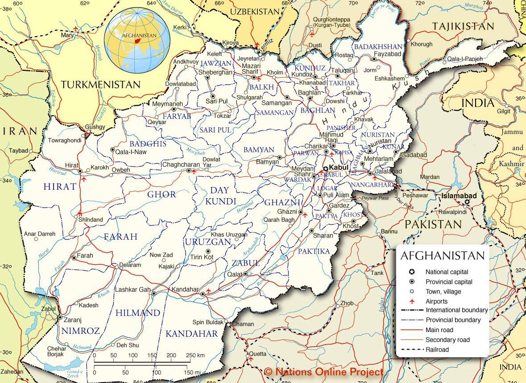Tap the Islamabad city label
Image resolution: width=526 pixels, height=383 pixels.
coord(459,196)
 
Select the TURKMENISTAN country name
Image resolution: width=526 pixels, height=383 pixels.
coord(100,84)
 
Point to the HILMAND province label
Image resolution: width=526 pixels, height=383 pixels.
coord(137,312)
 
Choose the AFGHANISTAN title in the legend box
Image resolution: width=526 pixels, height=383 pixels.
coord(442,256)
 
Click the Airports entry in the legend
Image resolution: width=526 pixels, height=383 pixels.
coord(436,301)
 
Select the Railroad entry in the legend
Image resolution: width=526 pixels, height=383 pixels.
coord(437,350)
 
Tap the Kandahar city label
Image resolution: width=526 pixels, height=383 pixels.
coord(185,289)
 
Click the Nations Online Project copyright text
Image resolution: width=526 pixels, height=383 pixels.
coord(323,371)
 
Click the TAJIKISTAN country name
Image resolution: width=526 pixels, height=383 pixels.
coord(463,26)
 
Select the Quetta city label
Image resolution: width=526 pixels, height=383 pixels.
coord(257,354)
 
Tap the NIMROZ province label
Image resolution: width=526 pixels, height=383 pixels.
coord(81,331)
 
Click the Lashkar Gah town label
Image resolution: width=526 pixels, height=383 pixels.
coord(133,289)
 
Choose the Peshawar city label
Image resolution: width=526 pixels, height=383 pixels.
coord(415,195)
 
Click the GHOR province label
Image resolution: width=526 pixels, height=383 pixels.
coord(162,194)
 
